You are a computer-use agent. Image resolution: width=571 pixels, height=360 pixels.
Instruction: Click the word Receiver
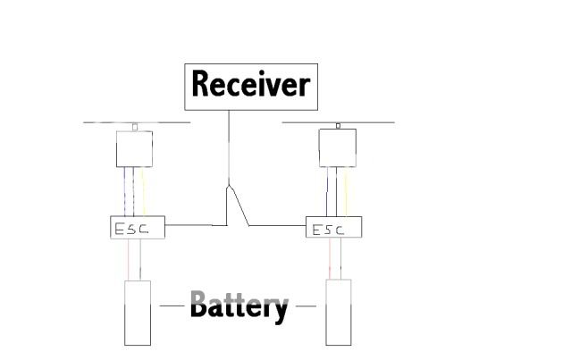tap(251, 85)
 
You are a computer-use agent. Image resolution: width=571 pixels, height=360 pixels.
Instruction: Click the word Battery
tap(239, 306)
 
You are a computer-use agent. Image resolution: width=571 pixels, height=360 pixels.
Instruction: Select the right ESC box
tap(334, 228)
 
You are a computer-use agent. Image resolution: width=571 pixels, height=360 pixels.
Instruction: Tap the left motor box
tap(134, 149)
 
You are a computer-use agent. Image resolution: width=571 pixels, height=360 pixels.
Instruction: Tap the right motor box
tap(338, 147)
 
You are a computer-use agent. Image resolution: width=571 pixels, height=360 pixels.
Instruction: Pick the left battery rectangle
tap(137, 313)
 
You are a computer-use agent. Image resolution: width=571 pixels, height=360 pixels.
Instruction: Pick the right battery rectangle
tap(338, 313)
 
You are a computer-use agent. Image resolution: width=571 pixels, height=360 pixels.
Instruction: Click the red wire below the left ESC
tap(129, 259)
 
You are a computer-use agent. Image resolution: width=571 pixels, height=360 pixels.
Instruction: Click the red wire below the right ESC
tap(330, 259)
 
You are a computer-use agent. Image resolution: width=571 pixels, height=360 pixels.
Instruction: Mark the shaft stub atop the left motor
tap(135, 127)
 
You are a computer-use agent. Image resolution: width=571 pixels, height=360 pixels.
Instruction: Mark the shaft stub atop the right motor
tap(338, 126)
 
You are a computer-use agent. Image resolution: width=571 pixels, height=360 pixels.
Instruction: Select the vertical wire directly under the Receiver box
tap(229, 143)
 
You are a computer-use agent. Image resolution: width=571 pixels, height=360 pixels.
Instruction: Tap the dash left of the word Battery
tap(172, 306)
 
